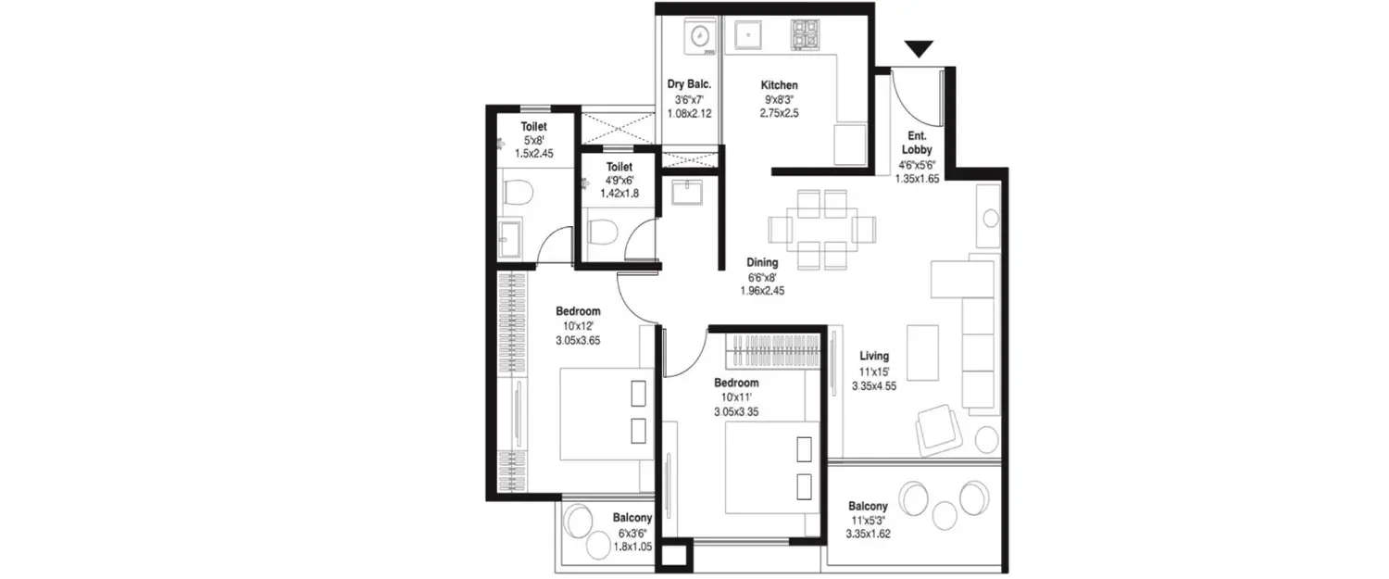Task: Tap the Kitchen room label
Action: pyautogui.click(x=778, y=85)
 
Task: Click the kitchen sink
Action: pyautogui.click(x=745, y=35)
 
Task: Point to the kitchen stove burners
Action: pyautogui.click(x=805, y=35)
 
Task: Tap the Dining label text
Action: pyautogui.click(x=762, y=262)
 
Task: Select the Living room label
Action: pyautogui.click(x=873, y=356)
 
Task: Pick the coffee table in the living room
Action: pyautogui.click(x=921, y=345)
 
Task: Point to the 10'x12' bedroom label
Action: pyautogui.click(x=578, y=311)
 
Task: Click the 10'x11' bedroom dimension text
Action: pyautogui.click(x=736, y=397)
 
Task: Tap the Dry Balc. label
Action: pyautogui.click(x=689, y=85)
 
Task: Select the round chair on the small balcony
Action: pyautogui.click(x=580, y=520)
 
